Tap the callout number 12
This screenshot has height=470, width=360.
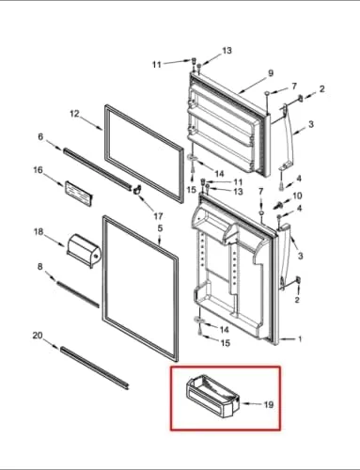[74, 114]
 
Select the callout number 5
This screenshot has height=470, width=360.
[160, 228]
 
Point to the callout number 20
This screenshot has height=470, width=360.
[38, 336]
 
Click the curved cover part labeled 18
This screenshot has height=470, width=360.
[84, 251]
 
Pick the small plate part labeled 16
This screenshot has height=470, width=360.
[78, 193]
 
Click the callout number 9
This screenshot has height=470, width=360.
[271, 73]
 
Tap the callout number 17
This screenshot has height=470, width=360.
[158, 216]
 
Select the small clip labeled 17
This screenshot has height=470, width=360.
[136, 190]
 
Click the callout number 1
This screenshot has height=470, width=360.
[300, 338]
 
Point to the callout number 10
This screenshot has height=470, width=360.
[297, 196]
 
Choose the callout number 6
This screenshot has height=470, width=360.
[40, 136]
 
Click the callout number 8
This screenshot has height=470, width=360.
[40, 266]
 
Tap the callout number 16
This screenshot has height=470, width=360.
[38, 170]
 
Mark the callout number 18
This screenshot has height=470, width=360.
[39, 231]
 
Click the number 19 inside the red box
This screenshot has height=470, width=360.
[269, 404]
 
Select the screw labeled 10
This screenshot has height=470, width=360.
[277, 205]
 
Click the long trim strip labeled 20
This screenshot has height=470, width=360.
[95, 368]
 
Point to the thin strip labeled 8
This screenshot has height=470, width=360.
[78, 294]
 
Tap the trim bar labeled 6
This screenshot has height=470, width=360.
[98, 169]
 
